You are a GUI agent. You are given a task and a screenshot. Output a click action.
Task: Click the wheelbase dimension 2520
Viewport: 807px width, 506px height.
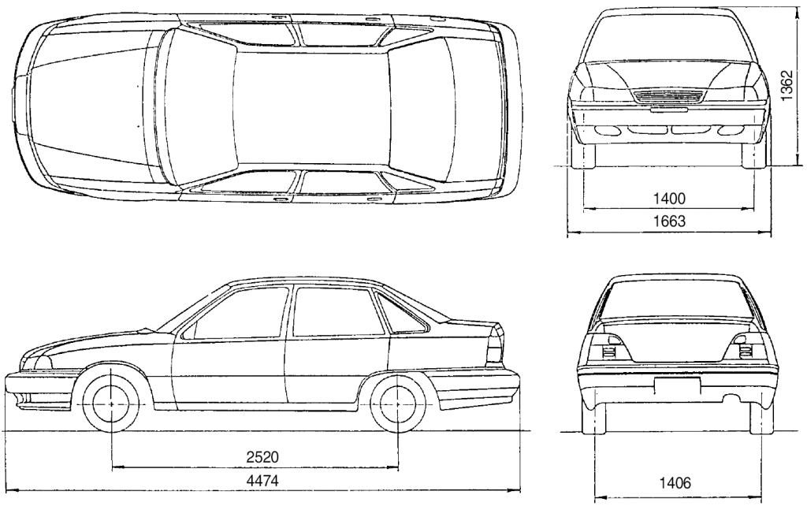coord(262,457)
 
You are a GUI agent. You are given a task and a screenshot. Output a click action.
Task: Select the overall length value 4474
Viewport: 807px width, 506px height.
coord(262,481)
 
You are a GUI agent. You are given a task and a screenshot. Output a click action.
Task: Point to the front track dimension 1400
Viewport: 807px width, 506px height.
coord(670,198)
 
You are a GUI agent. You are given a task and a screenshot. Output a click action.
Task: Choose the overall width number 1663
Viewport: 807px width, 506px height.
coord(670,221)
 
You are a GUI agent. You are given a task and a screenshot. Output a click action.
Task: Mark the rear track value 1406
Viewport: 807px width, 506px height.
coord(675,483)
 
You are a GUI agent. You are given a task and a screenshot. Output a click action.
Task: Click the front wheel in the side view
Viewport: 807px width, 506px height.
coord(111,404)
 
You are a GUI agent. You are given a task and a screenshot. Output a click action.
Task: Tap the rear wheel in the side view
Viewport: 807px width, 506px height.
coord(399,404)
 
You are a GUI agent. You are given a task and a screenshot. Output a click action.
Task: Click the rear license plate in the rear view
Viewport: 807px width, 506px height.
coord(677,385)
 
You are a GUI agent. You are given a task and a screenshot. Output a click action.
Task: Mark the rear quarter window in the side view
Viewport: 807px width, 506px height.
coord(403,313)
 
